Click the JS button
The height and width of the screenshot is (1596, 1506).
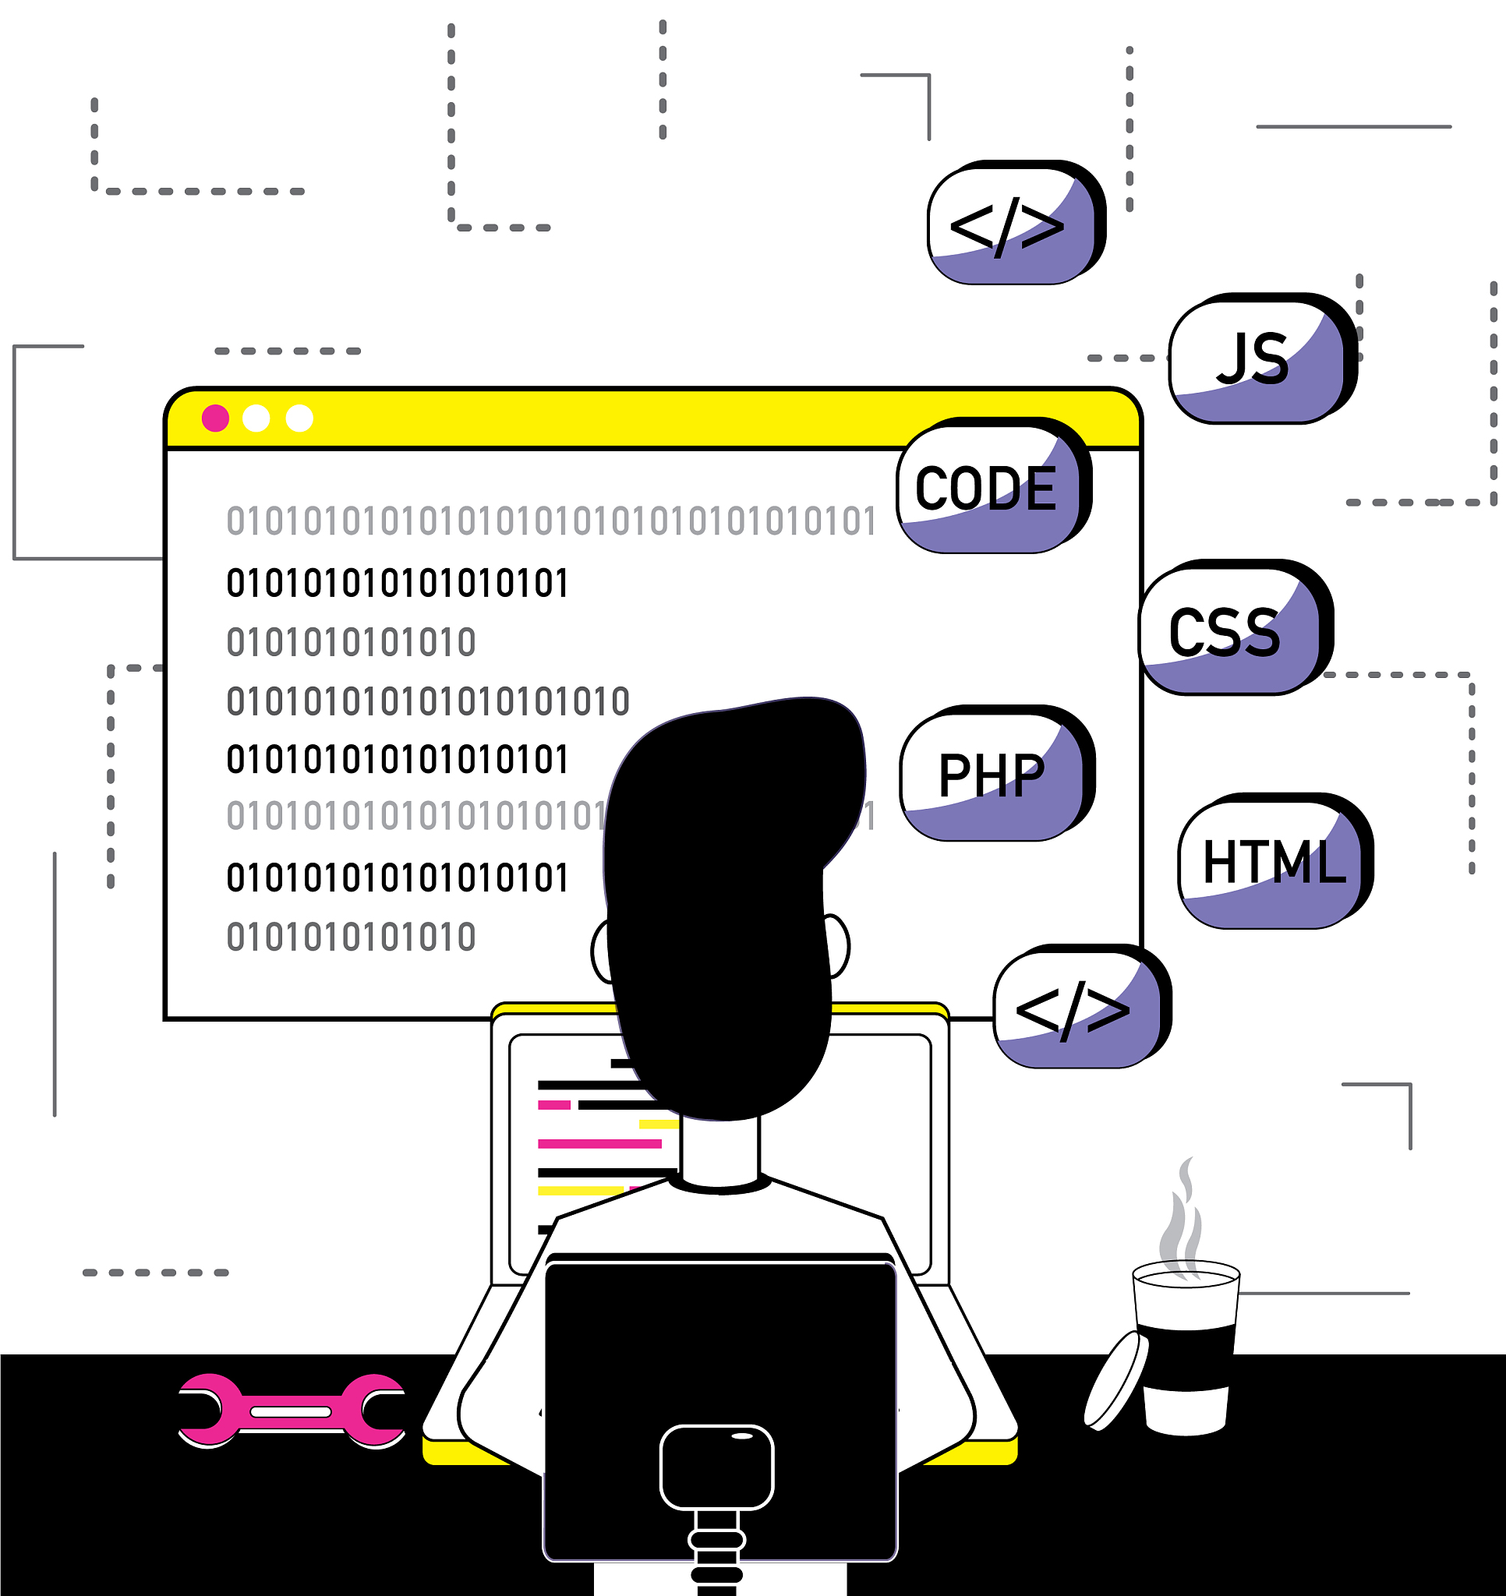point(1257,358)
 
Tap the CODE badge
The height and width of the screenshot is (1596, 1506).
point(989,488)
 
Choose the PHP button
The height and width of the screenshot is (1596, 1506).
point(993,775)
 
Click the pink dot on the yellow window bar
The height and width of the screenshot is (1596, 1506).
point(215,418)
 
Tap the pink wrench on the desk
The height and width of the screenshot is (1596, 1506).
point(292,1411)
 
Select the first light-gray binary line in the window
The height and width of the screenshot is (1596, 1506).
point(551,521)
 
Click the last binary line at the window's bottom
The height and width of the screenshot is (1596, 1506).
point(351,937)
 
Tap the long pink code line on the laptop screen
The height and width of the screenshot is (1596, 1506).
point(599,1143)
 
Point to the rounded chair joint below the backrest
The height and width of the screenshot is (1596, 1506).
point(716,1467)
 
